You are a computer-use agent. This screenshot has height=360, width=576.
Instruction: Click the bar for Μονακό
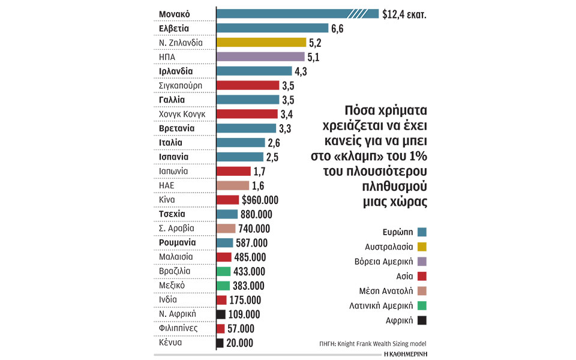(297, 13)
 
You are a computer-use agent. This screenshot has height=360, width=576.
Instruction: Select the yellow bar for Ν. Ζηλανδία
(261, 42)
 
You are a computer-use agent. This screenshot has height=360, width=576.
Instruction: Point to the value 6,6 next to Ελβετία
(337, 28)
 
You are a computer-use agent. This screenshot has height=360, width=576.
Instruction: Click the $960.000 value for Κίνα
(260, 200)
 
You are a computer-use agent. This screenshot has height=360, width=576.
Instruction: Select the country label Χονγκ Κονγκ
(182, 114)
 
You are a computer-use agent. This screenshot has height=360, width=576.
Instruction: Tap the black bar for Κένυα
(220, 343)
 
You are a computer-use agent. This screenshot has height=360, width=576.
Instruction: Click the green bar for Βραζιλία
(223, 271)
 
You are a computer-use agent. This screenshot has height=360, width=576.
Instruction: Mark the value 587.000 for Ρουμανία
(254, 243)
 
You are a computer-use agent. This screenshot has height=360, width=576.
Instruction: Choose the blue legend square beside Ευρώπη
(422, 232)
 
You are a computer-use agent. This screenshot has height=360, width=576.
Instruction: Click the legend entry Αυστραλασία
(389, 247)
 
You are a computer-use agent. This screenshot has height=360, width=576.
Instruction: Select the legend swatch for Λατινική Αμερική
(422, 305)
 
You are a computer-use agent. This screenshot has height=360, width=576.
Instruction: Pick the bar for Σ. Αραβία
(226, 229)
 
